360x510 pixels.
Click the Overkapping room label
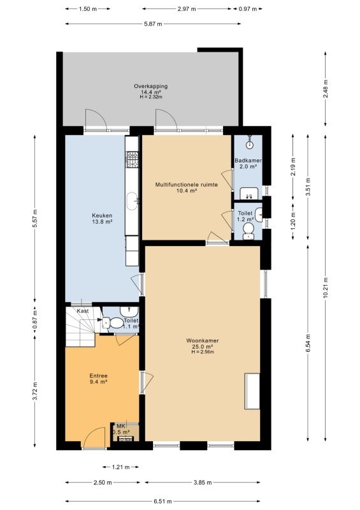(151, 86)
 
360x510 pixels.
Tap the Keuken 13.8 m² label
(102, 219)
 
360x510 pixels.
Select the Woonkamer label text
(202, 340)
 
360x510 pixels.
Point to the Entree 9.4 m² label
(99, 379)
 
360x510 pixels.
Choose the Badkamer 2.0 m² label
(248, 163)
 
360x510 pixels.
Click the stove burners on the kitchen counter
(132, 160)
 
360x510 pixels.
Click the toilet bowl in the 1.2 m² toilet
(248, 228)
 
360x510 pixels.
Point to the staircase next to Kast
(81, 327)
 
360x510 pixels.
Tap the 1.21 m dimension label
(120, 467)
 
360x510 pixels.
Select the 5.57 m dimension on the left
(35, 218)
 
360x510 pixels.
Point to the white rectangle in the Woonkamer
(252, 391)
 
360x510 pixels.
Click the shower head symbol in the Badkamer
(249, 144)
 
